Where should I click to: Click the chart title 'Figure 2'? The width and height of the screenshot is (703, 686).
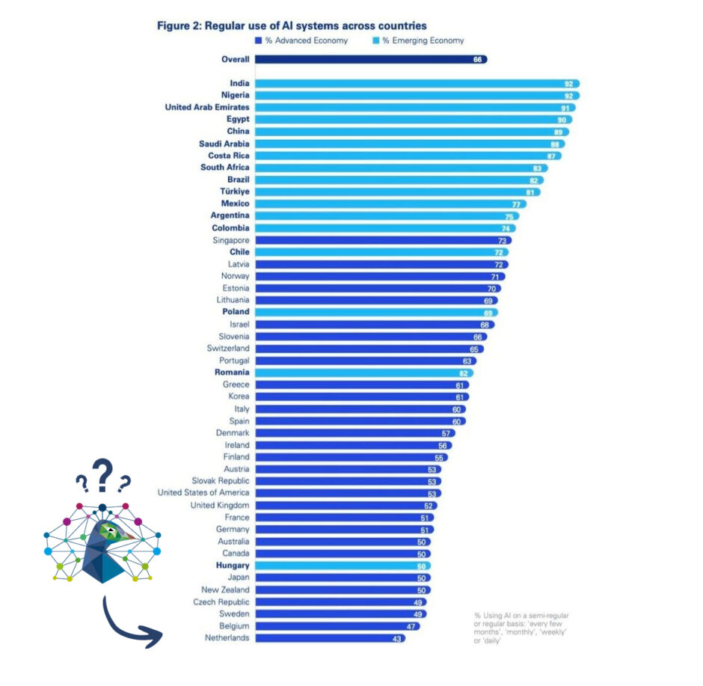[292, 26]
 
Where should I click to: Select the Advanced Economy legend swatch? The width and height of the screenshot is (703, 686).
[258, 40]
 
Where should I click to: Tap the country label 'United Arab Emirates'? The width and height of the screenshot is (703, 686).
[207, 107]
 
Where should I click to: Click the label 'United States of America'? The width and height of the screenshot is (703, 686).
[203, 493]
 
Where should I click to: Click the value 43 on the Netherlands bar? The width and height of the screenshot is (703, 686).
[398, 638]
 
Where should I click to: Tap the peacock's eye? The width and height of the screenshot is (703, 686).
[111, 530]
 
